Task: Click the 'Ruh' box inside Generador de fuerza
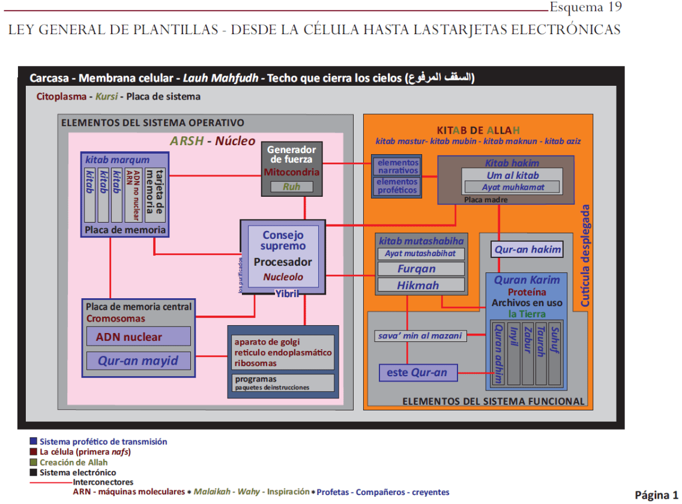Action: (x=292, y=187)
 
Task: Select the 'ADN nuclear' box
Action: (x=139, y=337)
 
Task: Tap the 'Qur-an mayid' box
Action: (x=139, y=361)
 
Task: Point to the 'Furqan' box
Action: (x=421, y=269)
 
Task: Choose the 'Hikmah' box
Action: (x=421, y=286)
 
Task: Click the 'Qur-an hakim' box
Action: (x=528, y=250)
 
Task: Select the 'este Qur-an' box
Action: (x=417, y=373)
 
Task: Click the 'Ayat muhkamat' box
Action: (x=512, y=187)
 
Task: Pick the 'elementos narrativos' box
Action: (x=397, y=166)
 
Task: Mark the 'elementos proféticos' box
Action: (x=397, y=186)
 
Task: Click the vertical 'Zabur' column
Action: (x=527, y=355)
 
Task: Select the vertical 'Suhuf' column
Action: (x=555, y=355)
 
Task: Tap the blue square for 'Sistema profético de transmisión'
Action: (x=34, y=442)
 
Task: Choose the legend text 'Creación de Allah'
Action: (x=73, y=462)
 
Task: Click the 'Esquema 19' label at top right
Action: (x=585, y=8)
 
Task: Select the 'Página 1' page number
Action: (x=656, y=494)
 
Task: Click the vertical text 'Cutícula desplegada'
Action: (x=585, y=255)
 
